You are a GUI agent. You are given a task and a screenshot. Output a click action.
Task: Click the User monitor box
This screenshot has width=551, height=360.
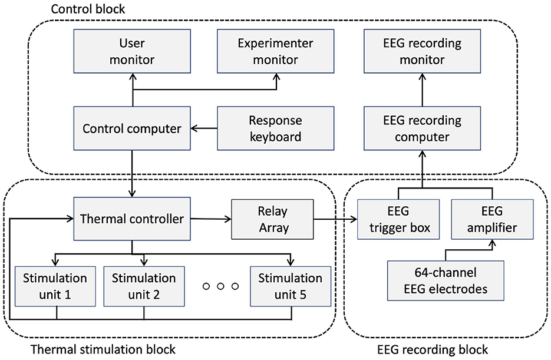pos(132,51)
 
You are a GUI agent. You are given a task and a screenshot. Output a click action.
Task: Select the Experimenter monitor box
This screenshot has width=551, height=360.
pos(276,51)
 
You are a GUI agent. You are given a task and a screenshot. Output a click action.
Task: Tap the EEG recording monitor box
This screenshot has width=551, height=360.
pos(422,51)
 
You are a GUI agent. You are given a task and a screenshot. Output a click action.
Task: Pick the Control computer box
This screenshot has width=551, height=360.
pos(132,128)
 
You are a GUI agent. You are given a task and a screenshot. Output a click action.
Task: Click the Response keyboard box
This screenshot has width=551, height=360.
pos(276,128)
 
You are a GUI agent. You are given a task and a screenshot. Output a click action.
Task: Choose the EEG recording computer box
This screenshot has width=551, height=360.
pos(422,128)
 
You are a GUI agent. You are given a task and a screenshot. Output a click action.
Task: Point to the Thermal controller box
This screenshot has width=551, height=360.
pos(132,219)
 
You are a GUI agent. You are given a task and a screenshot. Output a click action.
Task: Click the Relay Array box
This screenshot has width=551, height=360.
pos(272,220)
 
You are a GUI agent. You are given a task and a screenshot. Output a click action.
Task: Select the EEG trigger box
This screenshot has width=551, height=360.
pos(398,220)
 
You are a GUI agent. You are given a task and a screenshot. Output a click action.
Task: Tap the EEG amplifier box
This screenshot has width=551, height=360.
pos(492,220)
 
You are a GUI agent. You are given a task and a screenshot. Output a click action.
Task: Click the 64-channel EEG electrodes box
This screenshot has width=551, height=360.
pos(446,280)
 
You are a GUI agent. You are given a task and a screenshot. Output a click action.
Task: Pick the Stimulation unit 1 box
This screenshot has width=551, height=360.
pos(55,286)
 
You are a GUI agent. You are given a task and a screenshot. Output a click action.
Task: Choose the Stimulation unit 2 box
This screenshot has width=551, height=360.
pos(144,286)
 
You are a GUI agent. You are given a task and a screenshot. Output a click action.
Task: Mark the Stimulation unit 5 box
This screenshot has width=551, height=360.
pos(291,286)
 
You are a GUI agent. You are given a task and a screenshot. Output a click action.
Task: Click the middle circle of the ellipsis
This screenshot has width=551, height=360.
pos(220,286)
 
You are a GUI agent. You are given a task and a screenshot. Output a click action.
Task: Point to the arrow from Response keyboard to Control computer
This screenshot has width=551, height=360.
pos(204,128)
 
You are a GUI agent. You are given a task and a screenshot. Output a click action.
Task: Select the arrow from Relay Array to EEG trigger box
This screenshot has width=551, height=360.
pos(335,220)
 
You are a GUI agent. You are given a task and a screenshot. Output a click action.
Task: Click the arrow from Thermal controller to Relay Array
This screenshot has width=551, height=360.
pos(211,219)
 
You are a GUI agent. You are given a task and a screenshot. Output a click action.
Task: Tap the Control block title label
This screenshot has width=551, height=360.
pos(88,9)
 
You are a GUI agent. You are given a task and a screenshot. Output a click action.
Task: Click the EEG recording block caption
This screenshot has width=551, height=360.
pos(433,350)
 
